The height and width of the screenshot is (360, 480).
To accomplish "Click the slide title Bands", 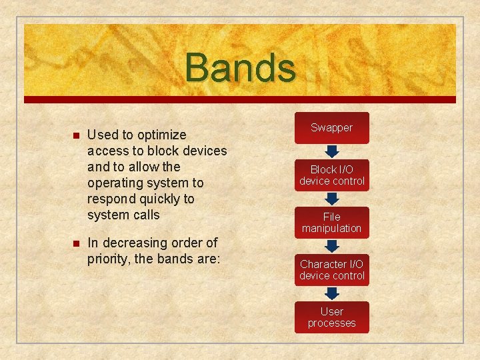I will pos(240,68).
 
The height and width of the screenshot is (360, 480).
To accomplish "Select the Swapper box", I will pos(331,128).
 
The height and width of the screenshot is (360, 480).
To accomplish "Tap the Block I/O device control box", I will pos(331,175).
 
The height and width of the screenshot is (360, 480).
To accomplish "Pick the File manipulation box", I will pos(331,223).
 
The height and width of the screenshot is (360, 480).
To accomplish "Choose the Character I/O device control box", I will pos(331,270).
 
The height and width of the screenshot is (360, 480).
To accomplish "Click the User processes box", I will pos(331,317).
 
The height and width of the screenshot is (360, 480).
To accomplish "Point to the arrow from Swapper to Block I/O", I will pos(331,151).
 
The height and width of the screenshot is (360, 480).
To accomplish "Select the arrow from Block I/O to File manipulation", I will pos(331,199).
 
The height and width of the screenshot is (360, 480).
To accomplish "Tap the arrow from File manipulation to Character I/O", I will pos(331,246).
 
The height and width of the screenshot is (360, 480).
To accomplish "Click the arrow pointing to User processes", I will pos(331,293).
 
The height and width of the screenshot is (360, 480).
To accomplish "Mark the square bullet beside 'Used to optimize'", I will pos(75,136).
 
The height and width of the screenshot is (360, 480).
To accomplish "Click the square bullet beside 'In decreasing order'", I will pos(75,244).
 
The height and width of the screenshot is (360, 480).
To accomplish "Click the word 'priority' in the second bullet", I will pos(108,259).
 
